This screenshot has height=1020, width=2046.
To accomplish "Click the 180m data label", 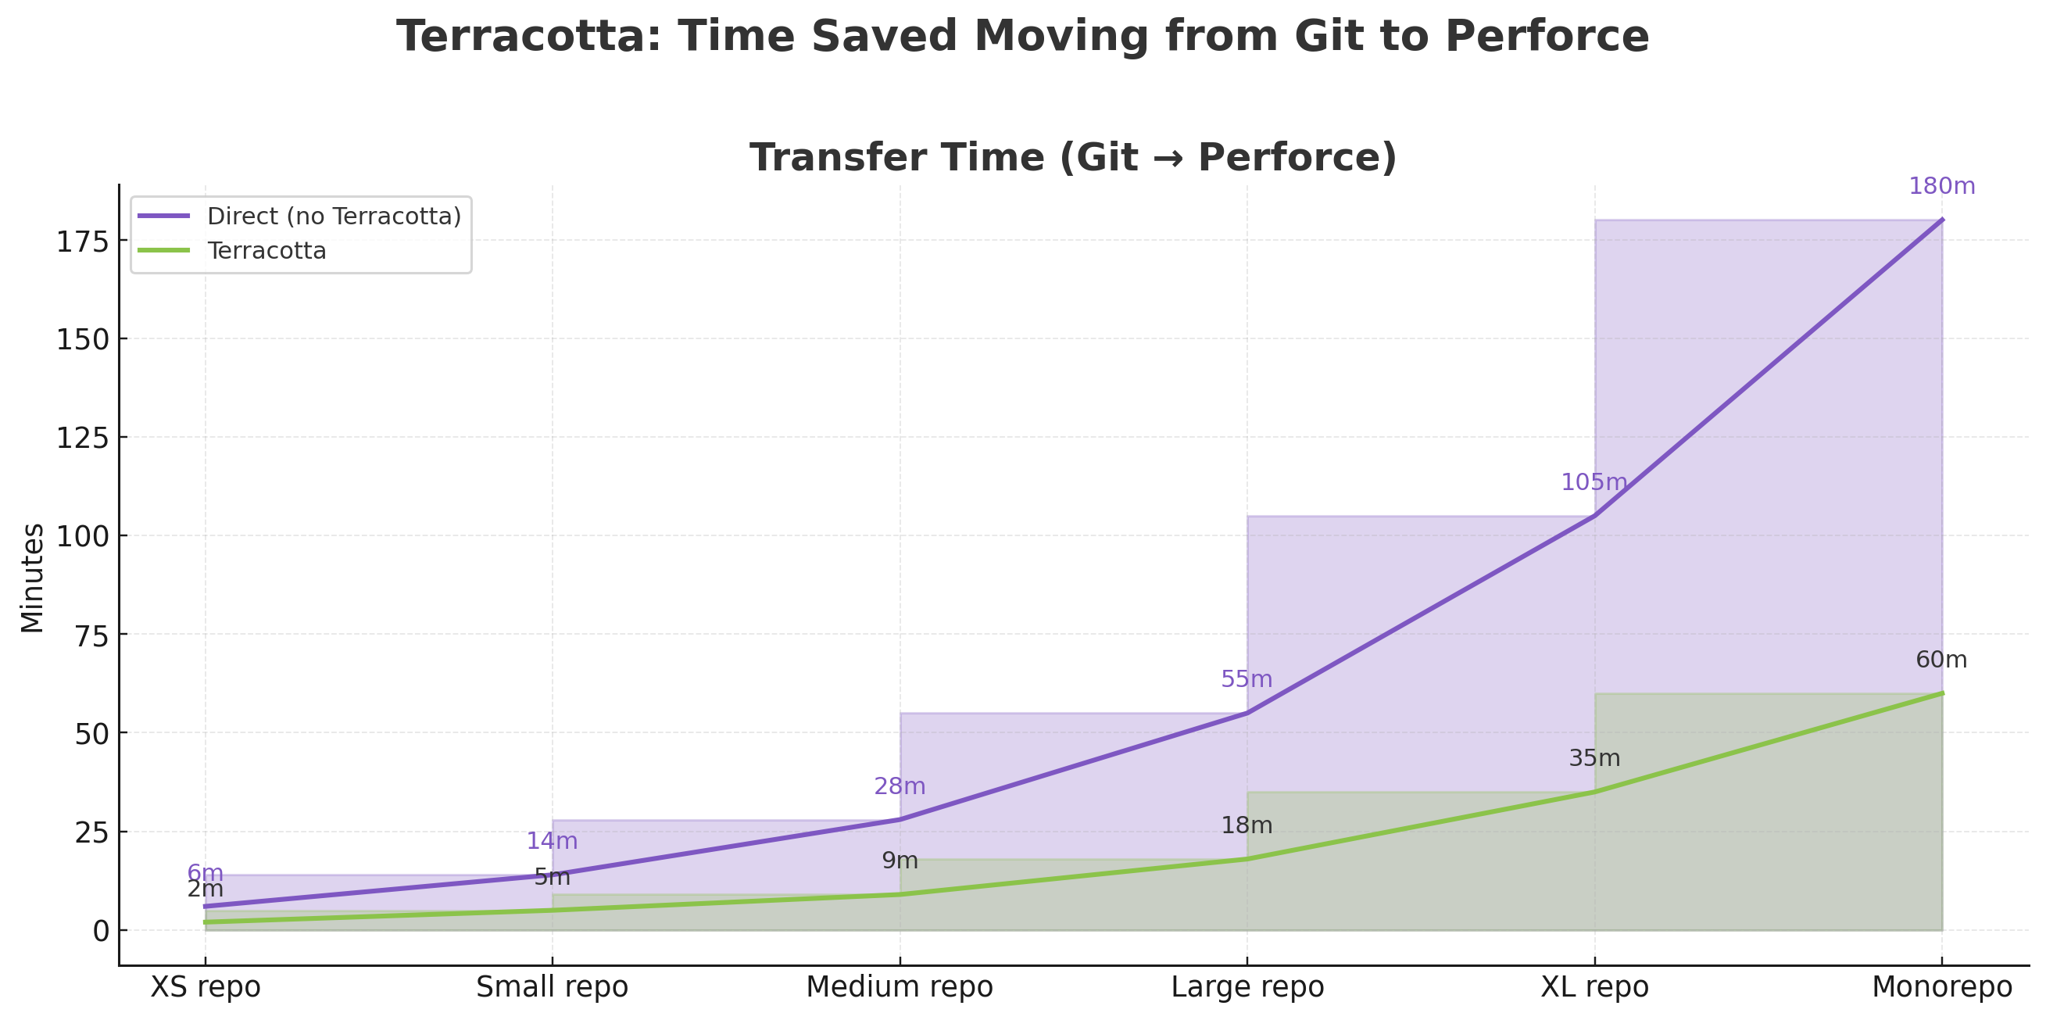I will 1941,187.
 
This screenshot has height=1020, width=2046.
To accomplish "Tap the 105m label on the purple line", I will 1594,482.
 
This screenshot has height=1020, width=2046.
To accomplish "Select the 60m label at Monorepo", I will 1941,660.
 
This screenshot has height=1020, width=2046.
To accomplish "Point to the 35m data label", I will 1594,759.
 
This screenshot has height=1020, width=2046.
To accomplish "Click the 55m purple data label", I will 1247,680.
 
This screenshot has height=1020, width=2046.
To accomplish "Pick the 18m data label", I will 1247,826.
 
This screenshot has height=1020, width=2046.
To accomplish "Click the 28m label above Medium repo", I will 899,786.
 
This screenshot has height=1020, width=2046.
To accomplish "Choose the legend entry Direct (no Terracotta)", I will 334,216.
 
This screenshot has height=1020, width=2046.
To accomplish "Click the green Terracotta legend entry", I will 266,251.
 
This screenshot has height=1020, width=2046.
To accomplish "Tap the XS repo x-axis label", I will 205,987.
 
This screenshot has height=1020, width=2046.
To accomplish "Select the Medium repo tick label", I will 899,987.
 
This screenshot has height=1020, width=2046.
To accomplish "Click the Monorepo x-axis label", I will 1941,987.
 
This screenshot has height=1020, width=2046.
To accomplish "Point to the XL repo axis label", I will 1594,987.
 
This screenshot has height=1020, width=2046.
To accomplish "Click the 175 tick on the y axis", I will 81,241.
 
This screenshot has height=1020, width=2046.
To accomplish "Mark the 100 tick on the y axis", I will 81,536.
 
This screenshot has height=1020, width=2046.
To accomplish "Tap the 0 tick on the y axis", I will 101,931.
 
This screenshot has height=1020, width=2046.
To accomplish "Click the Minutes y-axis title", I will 33,578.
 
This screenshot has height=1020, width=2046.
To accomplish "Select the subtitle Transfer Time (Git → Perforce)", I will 1073,157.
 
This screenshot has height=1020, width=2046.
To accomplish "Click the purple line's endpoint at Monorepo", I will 1941,220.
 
